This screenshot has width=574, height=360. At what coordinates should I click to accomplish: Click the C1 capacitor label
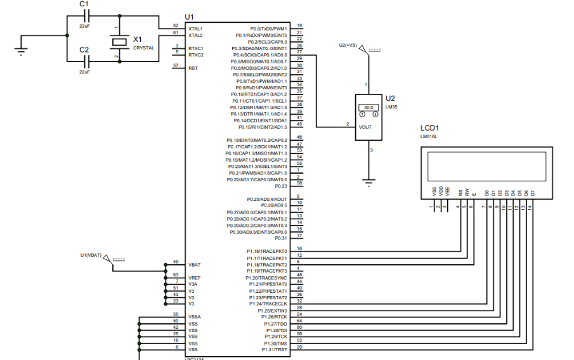tap(84, 4)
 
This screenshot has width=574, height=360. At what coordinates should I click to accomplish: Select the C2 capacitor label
tap(84, 49)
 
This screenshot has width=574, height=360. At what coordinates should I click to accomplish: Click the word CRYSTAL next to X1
tap(143, 48)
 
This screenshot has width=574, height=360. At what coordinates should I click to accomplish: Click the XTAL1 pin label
tap(195, 29)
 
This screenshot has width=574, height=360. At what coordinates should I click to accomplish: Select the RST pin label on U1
tap(192, 68)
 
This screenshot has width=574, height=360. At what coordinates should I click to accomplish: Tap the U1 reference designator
tap(189, 16)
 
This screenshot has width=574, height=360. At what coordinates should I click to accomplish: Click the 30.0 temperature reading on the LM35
tap(368, 108)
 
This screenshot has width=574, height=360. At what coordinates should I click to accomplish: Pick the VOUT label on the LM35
tap(366, 127)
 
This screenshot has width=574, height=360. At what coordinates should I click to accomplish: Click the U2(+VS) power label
tap(348, 46)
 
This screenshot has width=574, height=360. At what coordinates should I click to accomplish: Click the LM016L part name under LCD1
tap(429, 136)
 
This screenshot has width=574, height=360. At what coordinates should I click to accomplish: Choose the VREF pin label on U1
tap(195, 278)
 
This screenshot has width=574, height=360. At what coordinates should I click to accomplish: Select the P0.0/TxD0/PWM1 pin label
tap(268, 29)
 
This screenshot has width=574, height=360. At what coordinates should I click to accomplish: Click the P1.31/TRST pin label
tap(275, 350)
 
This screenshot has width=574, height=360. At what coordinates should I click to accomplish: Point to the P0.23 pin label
tap(280, 186)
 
